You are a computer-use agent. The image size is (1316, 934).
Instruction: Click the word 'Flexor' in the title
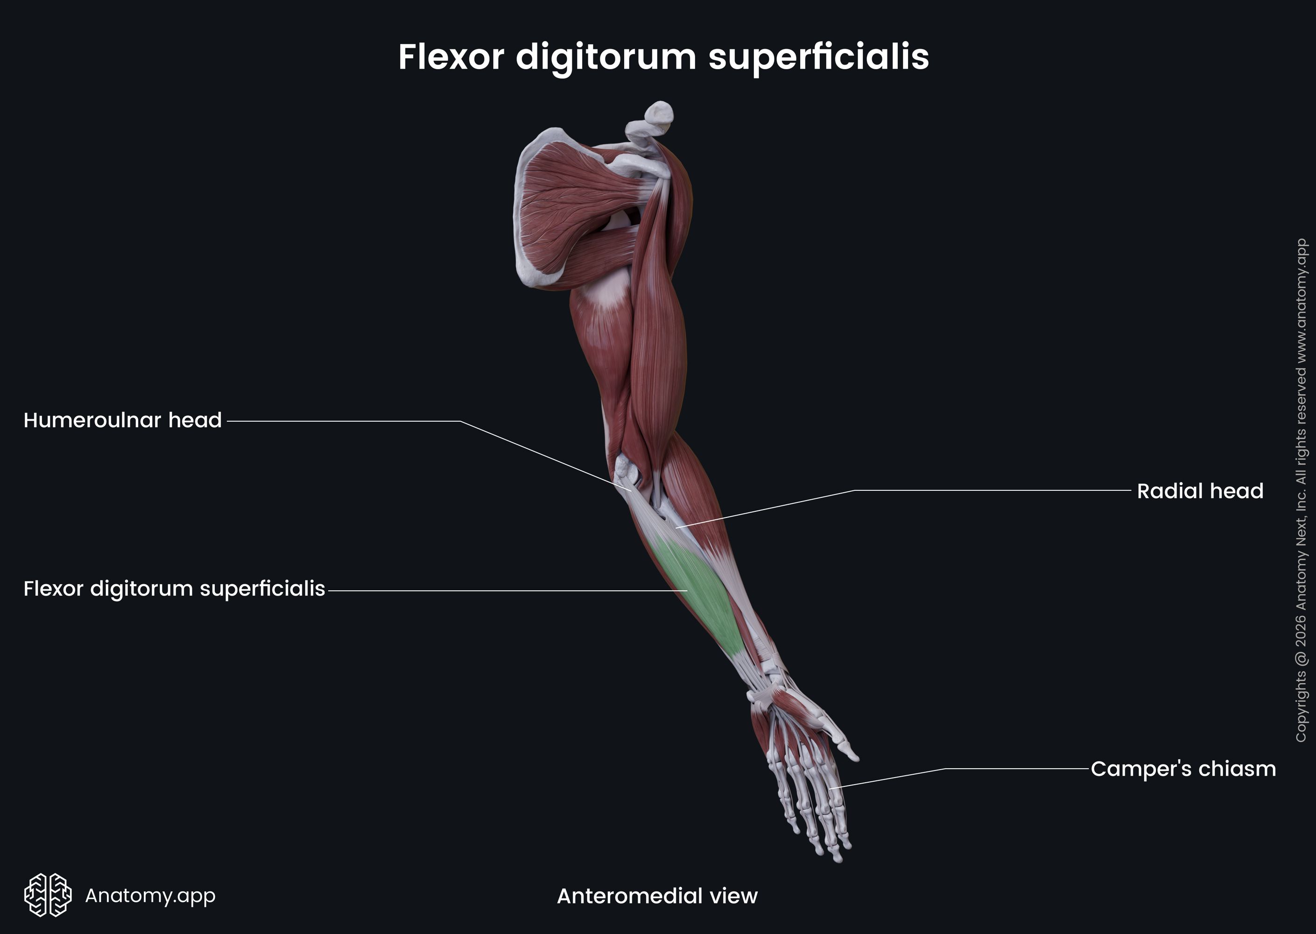451,57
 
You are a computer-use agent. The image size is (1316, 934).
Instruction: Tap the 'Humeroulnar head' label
122,420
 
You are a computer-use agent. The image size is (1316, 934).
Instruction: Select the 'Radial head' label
1200,491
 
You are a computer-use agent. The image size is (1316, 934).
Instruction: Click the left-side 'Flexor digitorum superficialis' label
174,589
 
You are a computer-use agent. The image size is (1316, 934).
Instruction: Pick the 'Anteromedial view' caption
657,896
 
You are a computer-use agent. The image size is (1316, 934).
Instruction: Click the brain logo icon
48,895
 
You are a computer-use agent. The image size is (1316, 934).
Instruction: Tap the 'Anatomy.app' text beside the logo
150,895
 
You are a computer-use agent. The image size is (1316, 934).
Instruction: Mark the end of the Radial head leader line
676,527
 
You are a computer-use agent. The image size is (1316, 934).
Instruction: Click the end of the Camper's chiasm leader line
830,788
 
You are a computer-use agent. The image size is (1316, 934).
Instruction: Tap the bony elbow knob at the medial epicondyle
624,469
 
